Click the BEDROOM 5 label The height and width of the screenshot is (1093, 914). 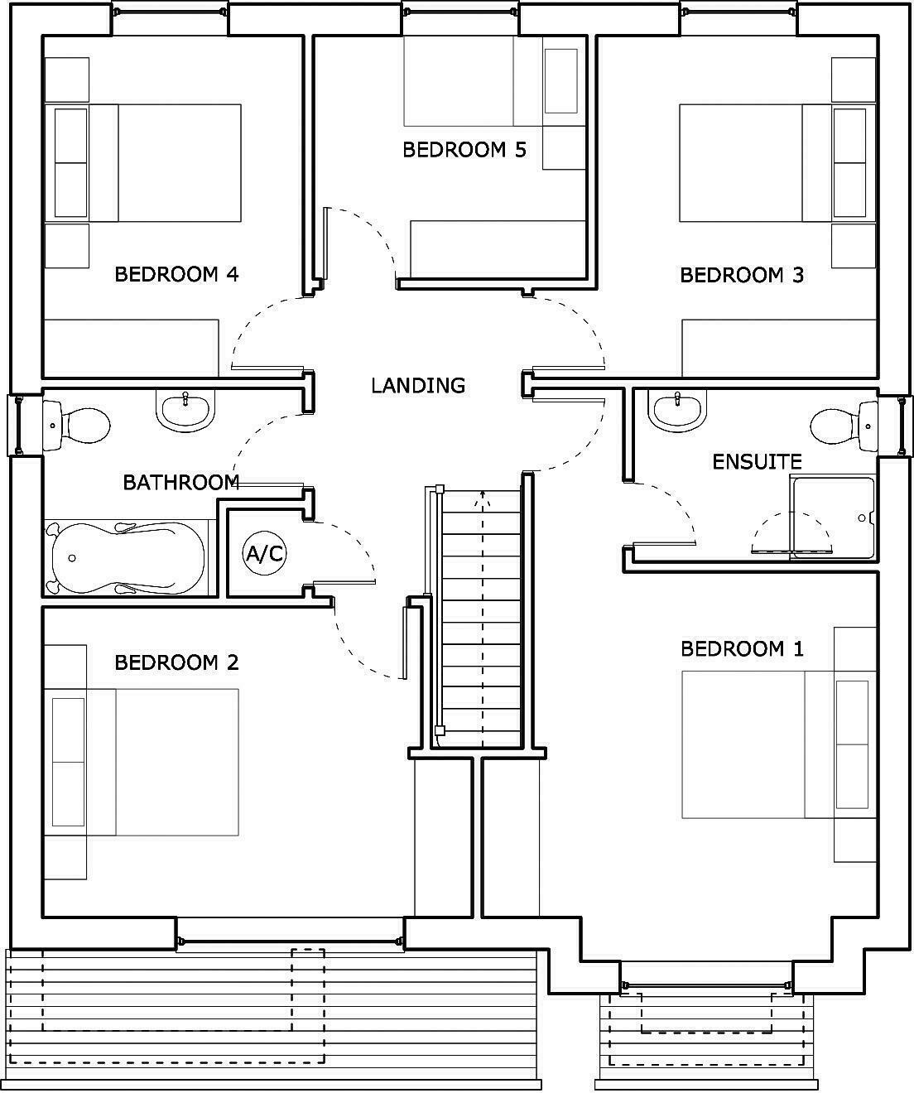click(464, 150)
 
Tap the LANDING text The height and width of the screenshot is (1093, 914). click(418, 386)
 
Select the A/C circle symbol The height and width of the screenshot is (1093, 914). click(264, 553)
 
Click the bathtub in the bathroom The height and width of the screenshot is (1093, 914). click(128, 558)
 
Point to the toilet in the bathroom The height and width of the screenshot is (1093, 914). click(76, 425)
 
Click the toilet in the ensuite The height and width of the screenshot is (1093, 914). click(844, 426)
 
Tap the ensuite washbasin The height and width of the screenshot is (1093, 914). click(677, 411)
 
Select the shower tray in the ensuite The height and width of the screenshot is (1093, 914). click(834, 518)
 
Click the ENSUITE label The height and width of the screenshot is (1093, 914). click(757, 462)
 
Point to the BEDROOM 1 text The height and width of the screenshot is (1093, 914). click(742, 649)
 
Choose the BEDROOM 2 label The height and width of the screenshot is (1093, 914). click(176, 662)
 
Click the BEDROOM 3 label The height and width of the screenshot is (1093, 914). click(742, 275)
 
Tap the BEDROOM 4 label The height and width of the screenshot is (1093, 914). click(176, 274)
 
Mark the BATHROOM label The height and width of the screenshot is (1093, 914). click(181, 482)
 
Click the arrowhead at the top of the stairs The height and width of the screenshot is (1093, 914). click(482, 498)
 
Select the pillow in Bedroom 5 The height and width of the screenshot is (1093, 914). click(560, 81)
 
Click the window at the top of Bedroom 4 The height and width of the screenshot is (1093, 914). click(170, 12)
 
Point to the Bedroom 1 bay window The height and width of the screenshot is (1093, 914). click(707, 985)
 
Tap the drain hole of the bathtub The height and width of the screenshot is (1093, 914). click(72, 558)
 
